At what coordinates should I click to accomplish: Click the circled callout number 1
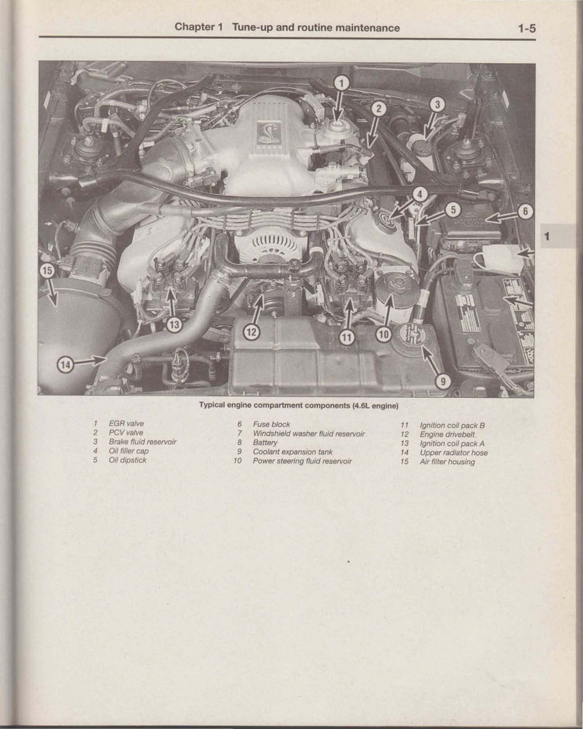click(341, 83)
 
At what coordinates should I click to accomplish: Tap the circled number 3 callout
click(437, 104)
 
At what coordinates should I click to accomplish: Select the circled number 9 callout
click(443, 382)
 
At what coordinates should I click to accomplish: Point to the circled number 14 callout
click(66, 365)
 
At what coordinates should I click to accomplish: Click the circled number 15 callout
click(47, 271)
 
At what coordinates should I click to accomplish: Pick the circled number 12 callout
click(251, 332)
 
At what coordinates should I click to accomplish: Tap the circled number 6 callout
click(525, 212)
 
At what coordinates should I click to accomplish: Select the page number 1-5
click(526, 29)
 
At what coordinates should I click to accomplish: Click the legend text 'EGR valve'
click(126, 424)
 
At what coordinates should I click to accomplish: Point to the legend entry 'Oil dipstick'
click(127, 460)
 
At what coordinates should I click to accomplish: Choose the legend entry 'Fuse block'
click(271, 424)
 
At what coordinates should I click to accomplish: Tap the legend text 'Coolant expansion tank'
click(292, 452)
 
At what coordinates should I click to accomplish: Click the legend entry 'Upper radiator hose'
click(453, 453)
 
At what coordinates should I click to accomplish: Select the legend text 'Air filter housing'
click(447, 462)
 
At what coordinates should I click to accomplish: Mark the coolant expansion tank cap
click(412, 335)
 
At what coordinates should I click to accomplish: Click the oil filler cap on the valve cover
click(387, 221)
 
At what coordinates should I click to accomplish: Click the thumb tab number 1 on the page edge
click(546, 236)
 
